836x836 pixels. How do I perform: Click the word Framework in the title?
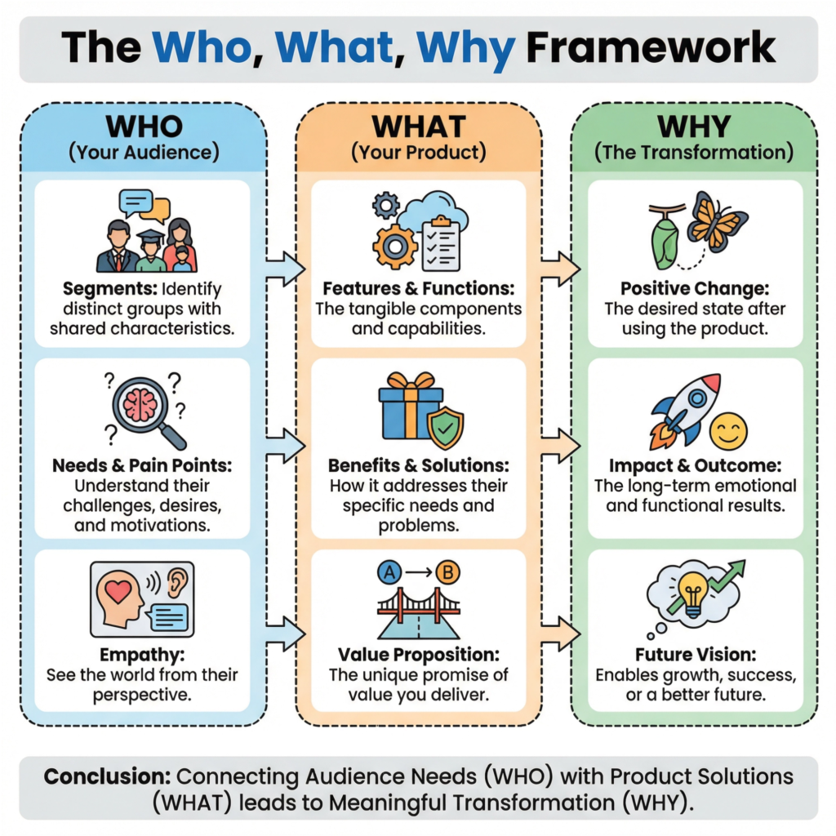[x=650, y=49]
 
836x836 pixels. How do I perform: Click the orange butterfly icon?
[x=716, y=219]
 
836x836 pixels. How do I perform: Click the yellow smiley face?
[x=728, y=431]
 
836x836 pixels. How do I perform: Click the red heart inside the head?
[x=119, y=592]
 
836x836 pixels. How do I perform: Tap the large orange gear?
[x=394, y=246]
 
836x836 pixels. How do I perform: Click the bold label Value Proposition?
[x=418, y=654]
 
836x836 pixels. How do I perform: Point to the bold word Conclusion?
[x=106, y=776]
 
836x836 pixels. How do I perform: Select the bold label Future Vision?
[x=695, y=654]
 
